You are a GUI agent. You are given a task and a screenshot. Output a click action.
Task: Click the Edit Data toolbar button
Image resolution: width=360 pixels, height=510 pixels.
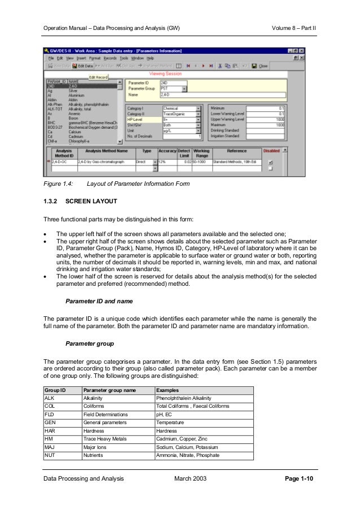82,66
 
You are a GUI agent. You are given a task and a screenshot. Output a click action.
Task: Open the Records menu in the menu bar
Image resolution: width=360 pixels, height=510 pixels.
109,58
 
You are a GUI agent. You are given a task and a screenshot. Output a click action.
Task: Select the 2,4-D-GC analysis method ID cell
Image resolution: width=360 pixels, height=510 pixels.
63,162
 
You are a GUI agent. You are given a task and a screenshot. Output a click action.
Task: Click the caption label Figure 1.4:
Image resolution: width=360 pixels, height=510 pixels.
58,184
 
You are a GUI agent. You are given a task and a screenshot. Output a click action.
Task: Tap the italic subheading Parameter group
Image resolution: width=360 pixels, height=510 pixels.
90,343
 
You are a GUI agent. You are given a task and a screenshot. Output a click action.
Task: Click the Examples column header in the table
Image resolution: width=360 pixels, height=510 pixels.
168,390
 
